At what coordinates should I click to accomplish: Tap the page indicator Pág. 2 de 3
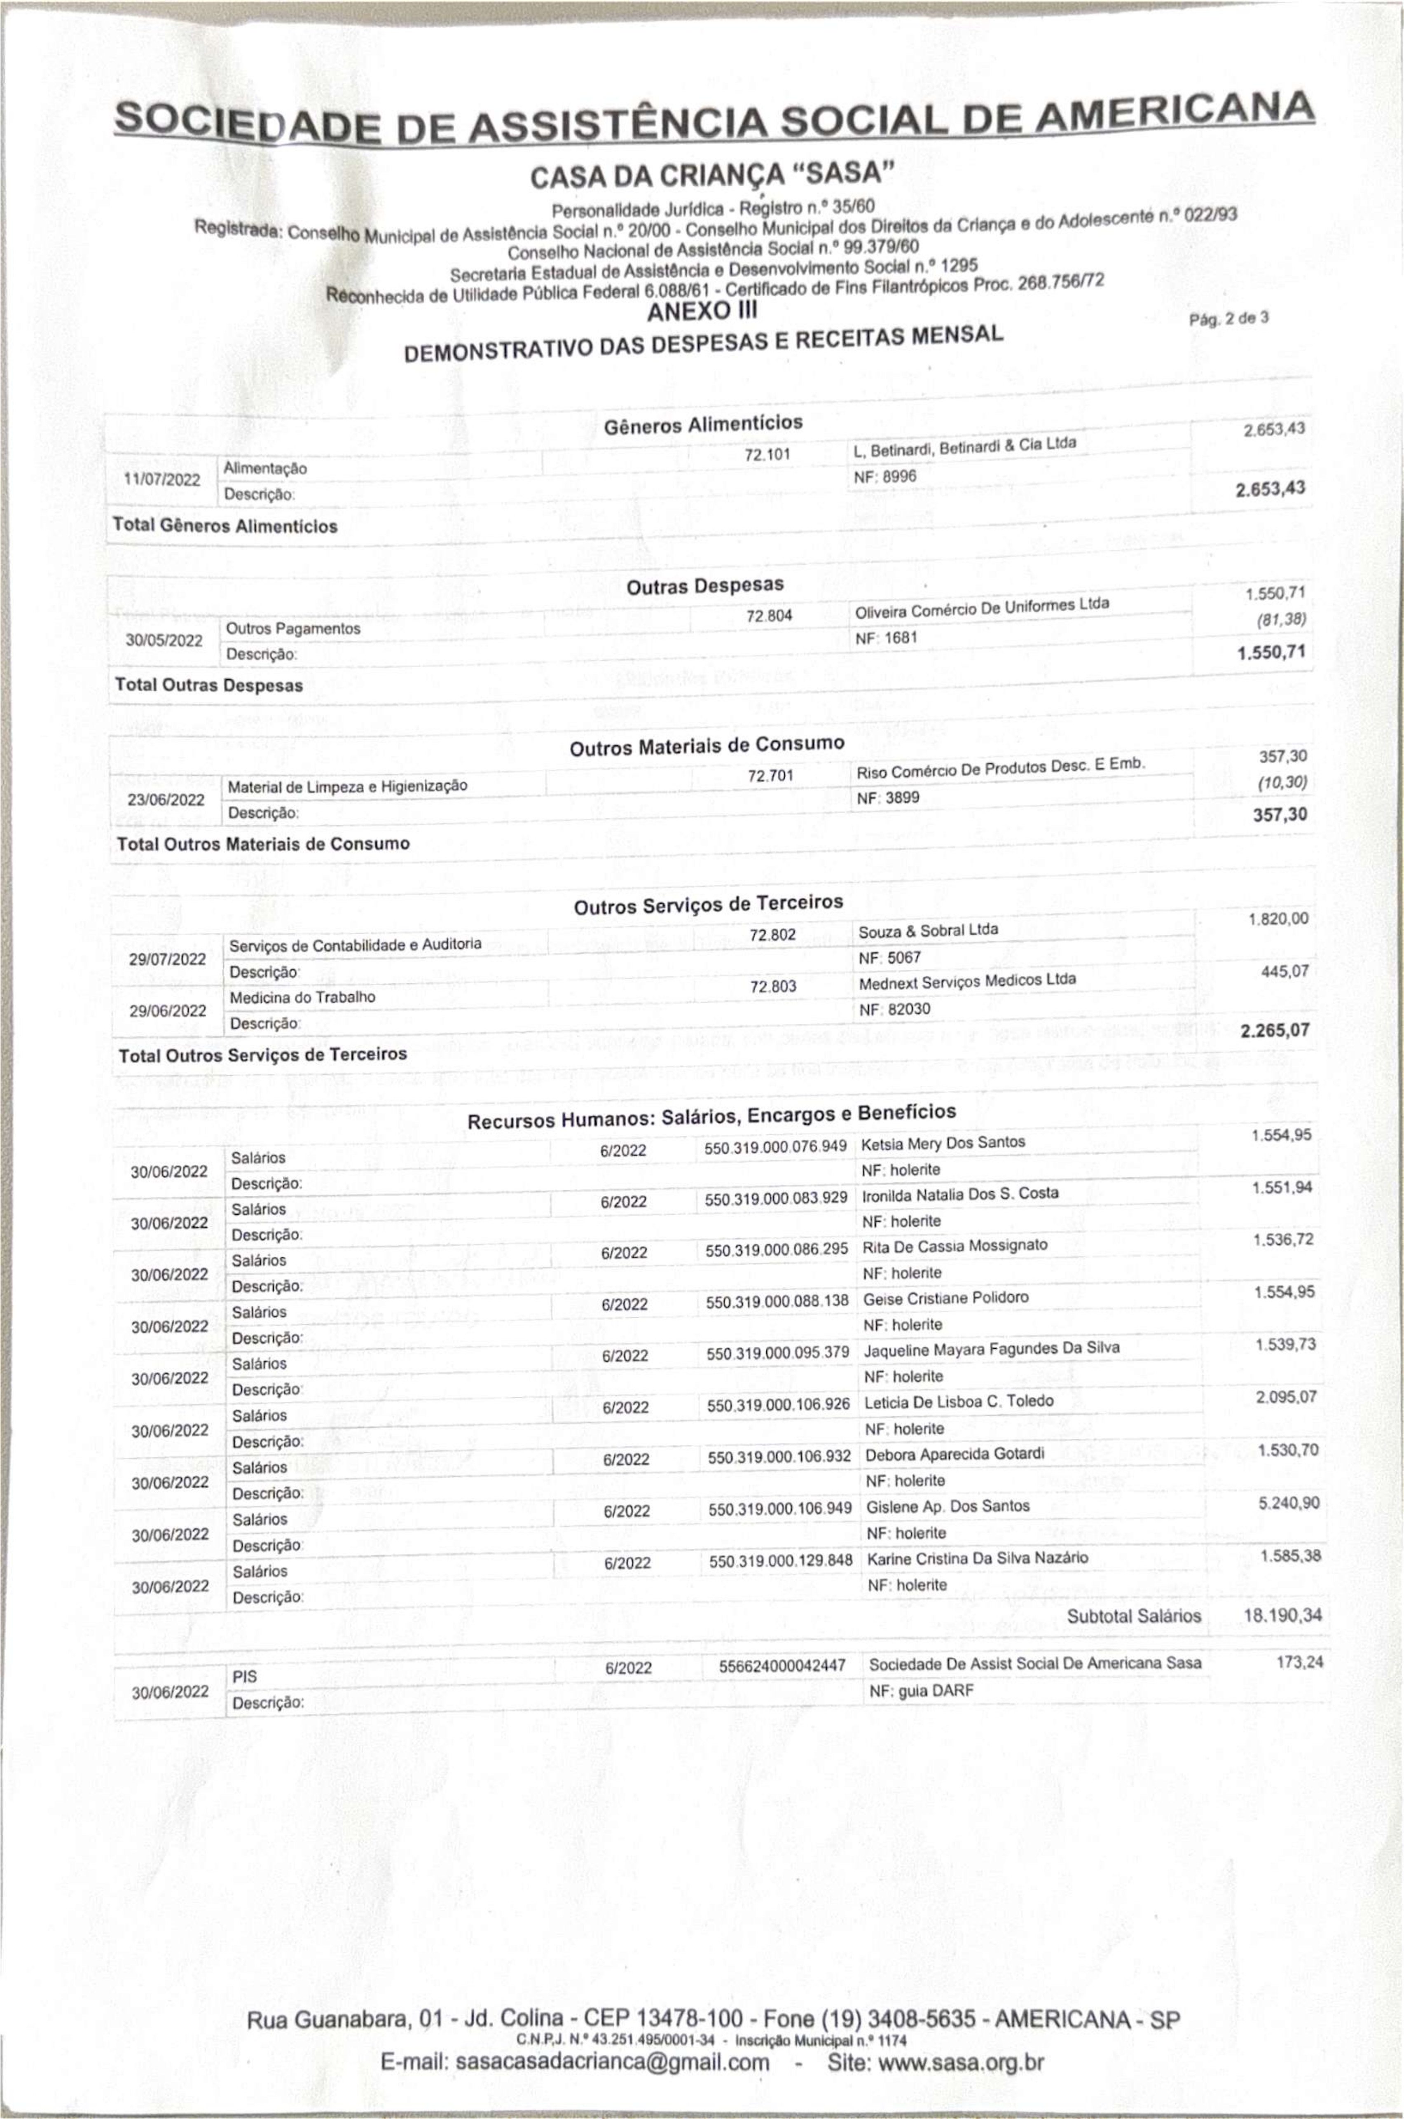1228,318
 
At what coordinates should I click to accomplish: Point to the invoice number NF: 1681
887,639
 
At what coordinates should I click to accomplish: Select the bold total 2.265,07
1274,1030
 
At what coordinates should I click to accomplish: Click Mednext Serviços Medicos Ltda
967,980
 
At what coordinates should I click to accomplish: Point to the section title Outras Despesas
705,586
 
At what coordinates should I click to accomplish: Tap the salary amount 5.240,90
1289,1503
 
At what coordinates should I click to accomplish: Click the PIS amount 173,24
1299,1663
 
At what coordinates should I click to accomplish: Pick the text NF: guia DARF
920,1691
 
